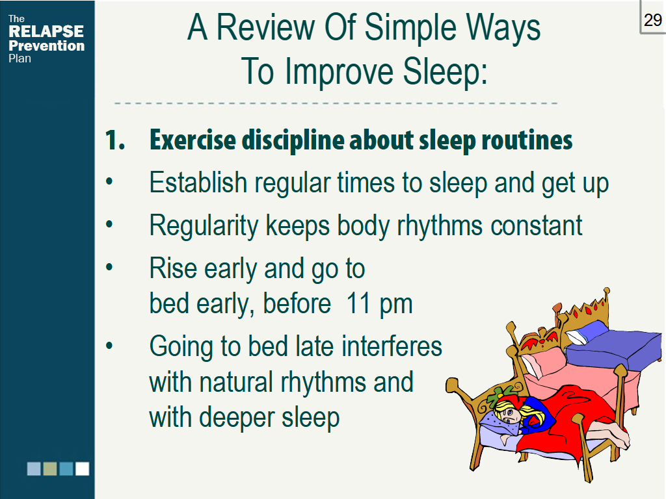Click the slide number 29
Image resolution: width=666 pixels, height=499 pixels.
click(653, 20)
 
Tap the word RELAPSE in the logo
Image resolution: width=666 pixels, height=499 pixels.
click(46, 31)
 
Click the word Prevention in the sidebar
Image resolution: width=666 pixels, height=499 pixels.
click(46, 45)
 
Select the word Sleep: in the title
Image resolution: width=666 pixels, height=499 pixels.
click(445, 71)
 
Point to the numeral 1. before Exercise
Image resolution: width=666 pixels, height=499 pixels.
click(114, 140)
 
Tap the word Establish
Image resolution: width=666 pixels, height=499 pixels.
click(198, 183)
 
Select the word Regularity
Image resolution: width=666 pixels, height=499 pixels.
click(204, 225)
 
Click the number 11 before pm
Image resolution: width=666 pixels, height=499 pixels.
click(358, 303)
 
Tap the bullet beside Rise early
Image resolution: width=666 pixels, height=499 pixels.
click(109, 267)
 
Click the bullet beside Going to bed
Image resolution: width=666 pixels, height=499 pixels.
click(109, 346)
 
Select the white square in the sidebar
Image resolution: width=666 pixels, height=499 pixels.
click(83, 469)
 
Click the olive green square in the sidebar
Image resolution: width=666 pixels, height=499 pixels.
click(50, 469)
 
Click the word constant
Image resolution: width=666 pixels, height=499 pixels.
click(536, 225)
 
